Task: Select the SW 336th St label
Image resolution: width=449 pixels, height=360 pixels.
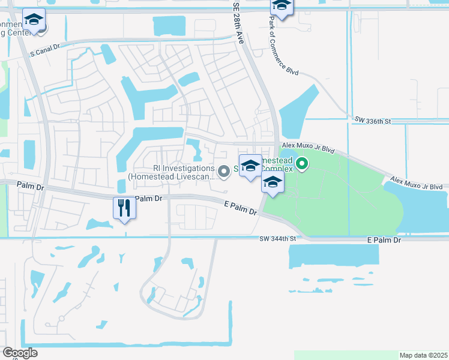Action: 372,121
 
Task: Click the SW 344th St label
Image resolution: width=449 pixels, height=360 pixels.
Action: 279,239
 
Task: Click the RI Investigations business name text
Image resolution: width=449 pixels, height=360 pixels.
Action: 184,169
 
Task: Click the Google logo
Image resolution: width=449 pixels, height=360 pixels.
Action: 20,353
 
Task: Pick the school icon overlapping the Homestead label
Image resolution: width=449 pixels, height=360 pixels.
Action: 250,166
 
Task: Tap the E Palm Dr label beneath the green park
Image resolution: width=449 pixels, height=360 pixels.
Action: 384,240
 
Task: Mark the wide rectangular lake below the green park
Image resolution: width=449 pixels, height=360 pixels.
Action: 334,254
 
